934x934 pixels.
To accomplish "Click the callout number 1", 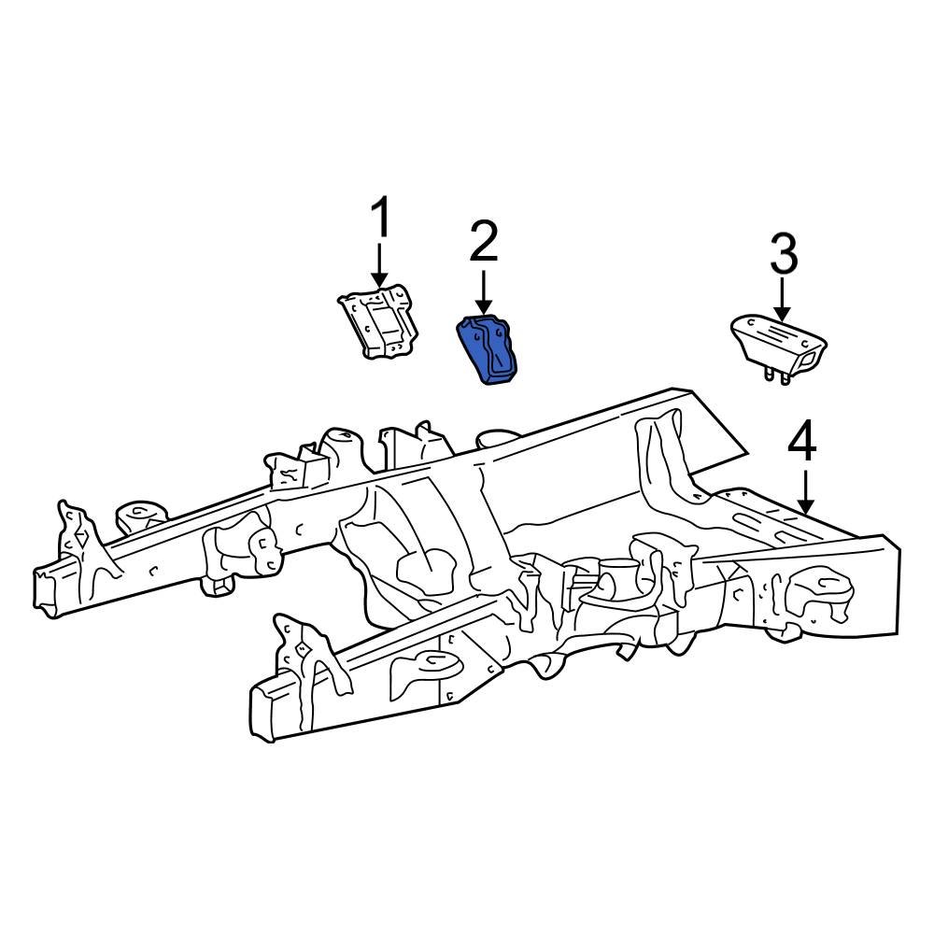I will [x=380, y=220].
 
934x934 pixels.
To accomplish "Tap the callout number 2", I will [x=483, y=242].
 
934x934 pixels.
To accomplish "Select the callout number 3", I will [x=783, y=255].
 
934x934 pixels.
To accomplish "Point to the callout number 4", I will [x=802, y=443].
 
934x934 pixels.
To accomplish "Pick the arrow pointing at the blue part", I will [x=483, y=291].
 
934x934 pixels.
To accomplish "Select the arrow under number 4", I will [x=803, y=489].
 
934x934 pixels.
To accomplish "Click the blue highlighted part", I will [x=490, y=350].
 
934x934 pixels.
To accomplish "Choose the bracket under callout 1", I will [x=377, y=321].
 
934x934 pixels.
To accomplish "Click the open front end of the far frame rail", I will [x=44, y=588].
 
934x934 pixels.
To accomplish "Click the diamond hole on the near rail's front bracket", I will [x=302, y=652].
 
